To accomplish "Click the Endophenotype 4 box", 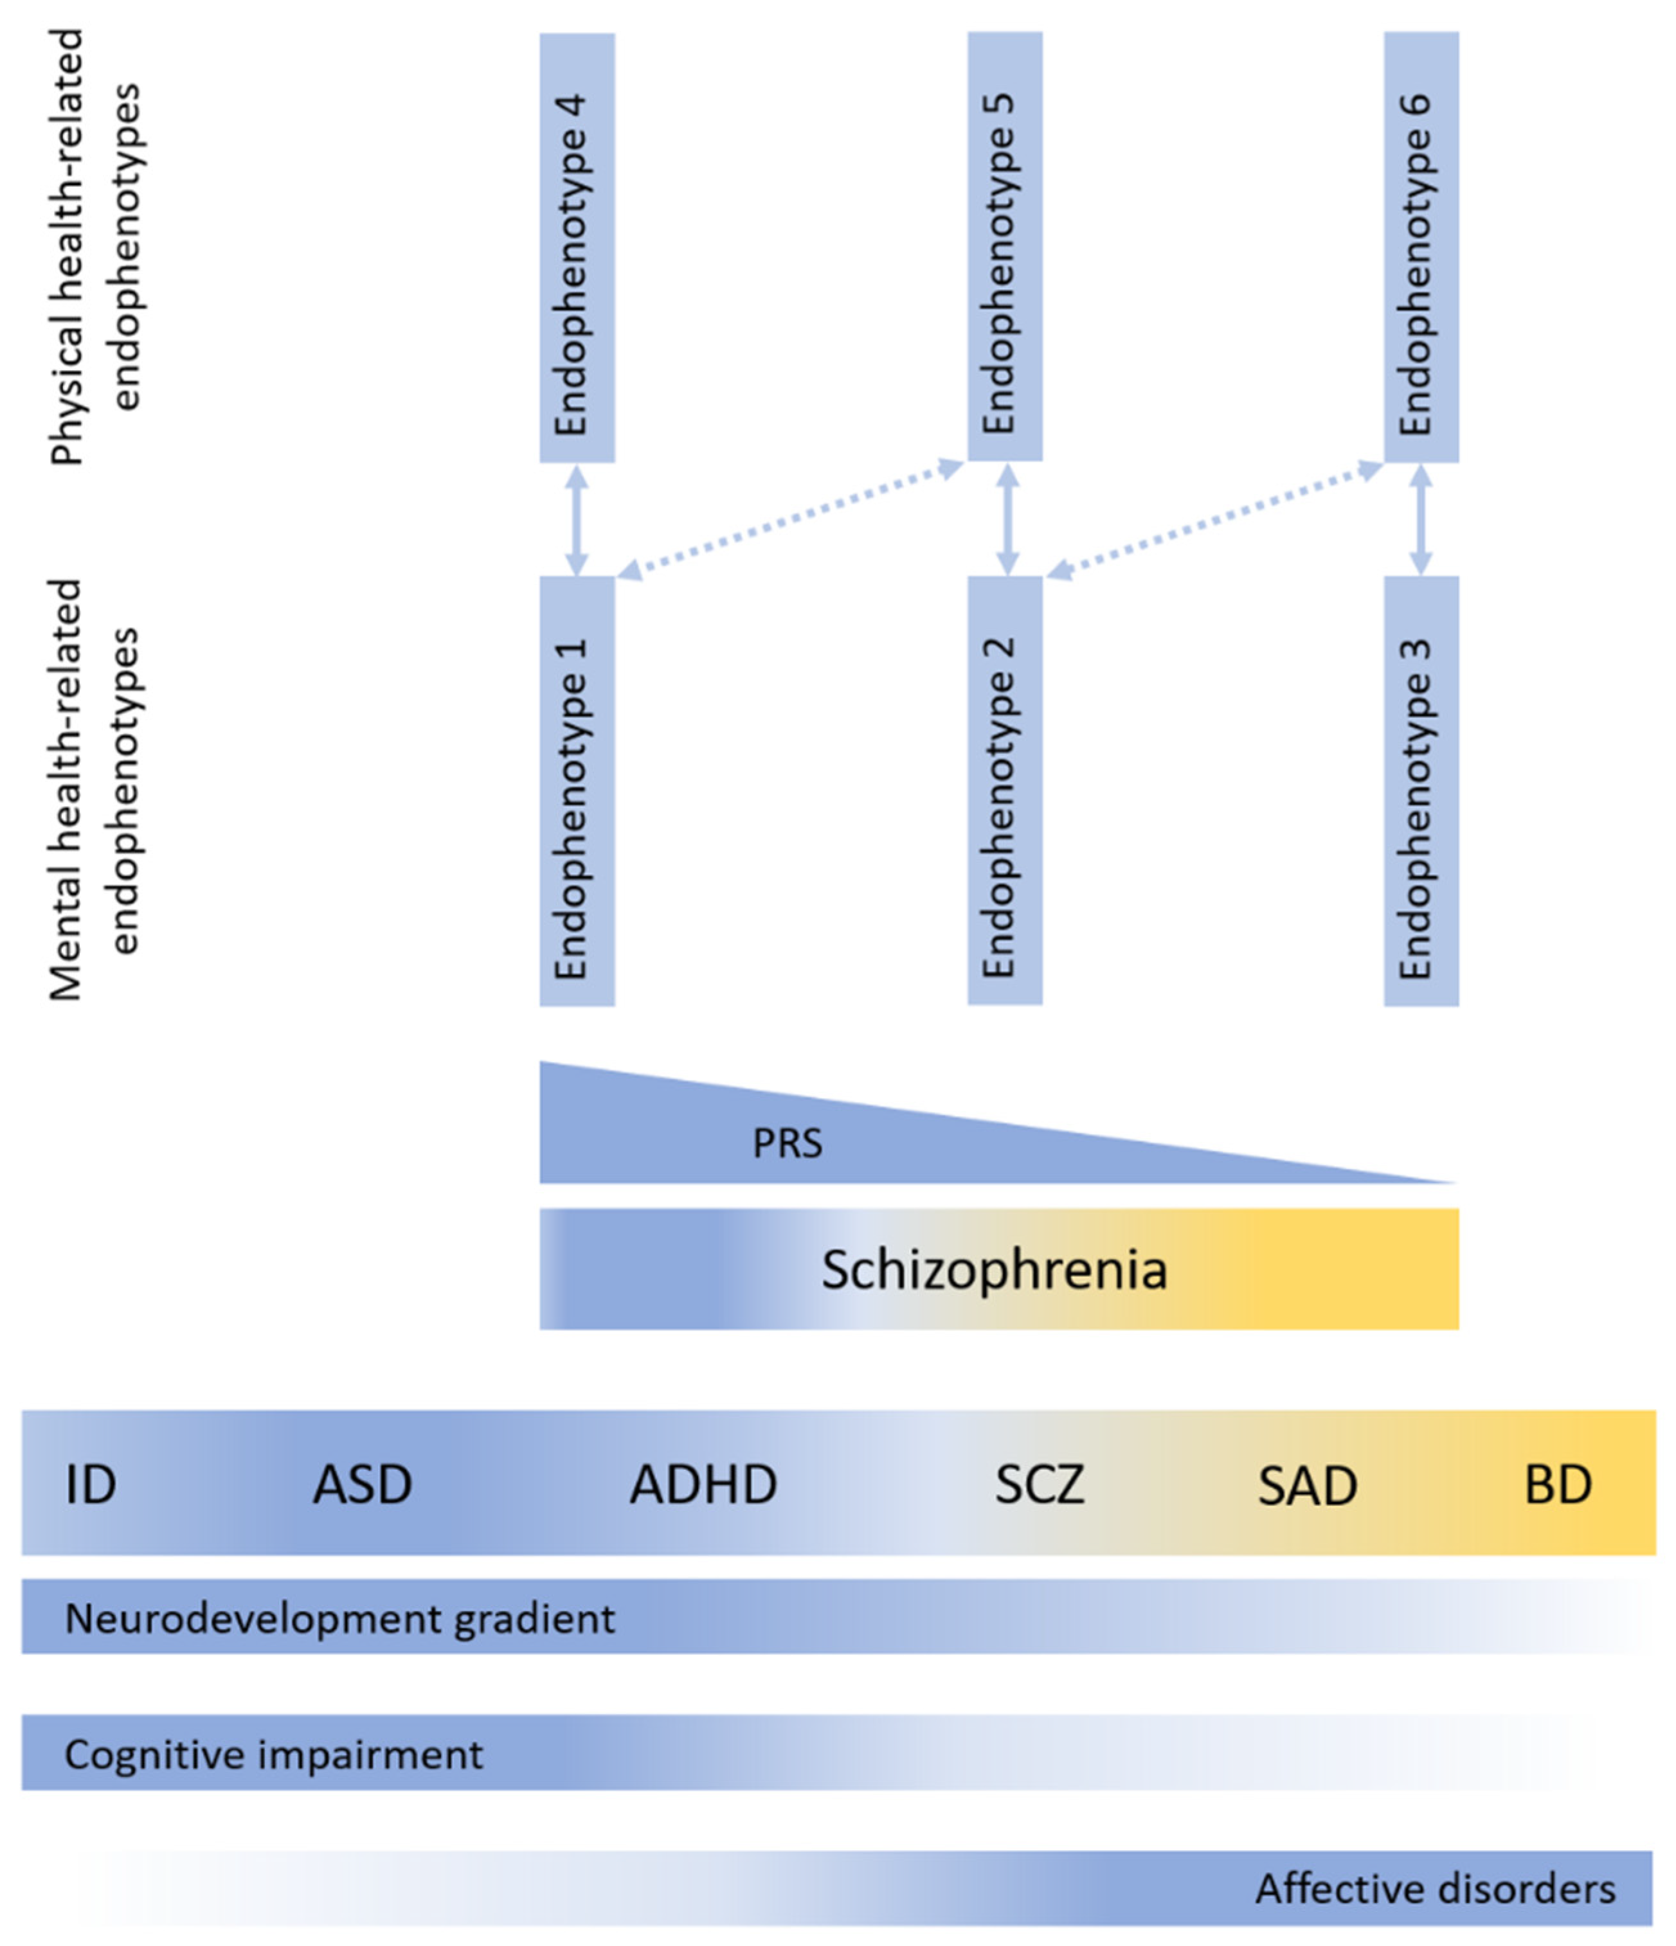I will (x=577, y=248).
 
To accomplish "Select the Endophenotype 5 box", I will (x=1004, y=246).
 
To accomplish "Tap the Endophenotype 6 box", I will (x=1421, y=247).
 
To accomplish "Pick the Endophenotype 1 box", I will (x=577, y=790).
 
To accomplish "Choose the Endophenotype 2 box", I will (x=1004, y=790).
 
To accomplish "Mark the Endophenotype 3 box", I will (x=1421, y=790).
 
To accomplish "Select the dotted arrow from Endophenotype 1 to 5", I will (x=790, y=519).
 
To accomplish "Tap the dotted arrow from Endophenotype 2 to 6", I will (x=1214, y=519).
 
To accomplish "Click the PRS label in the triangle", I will (x=788, y=1144).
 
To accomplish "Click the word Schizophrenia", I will (x=994, y=1270).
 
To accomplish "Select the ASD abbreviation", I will (x=362, y=1485).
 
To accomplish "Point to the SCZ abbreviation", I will (x=1039, y=1485).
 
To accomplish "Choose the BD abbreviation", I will (x=1558, y=1485).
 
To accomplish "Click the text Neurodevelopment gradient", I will (x=339, y=1618).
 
